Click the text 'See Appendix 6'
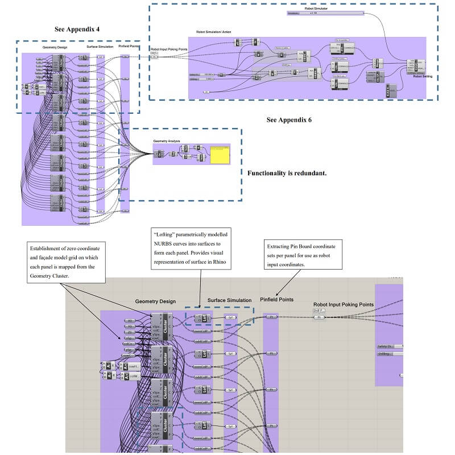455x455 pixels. [289, 121]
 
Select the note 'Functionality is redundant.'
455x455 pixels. [287, 173]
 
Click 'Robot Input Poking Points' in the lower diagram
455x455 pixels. [343, 305]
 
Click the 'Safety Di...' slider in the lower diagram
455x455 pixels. [390, 346]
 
